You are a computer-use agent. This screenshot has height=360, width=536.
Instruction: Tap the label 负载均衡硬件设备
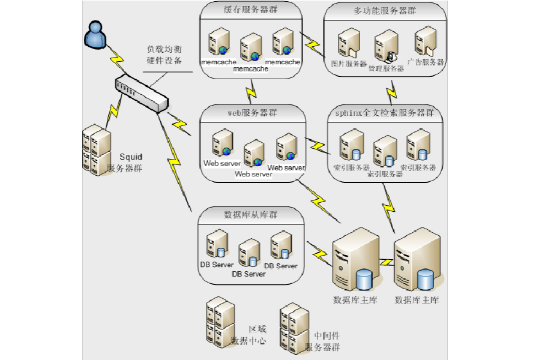point(164,55)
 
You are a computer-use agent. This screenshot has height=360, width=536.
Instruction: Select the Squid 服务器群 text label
point(126,163)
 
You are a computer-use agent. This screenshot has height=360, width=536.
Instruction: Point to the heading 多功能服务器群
point(385,11)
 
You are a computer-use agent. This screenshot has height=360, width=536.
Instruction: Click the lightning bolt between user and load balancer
point(116,59)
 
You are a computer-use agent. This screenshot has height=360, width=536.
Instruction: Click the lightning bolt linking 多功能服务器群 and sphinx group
point(392,90)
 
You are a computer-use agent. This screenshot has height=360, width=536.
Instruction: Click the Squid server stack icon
point(96,150)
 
